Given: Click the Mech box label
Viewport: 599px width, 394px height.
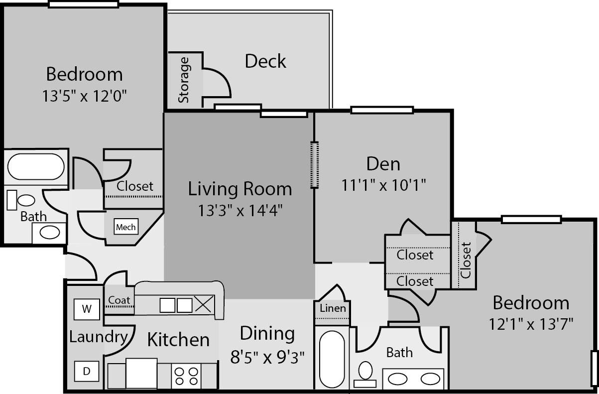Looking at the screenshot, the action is point(126,227).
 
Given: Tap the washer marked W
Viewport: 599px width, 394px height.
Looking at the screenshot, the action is point(87,309).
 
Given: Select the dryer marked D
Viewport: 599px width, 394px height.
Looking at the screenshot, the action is point(87,371).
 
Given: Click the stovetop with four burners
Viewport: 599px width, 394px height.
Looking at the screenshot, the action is point(186,376).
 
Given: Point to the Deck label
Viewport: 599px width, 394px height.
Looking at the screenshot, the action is point(265,61).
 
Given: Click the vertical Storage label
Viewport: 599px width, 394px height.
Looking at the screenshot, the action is point(184,80).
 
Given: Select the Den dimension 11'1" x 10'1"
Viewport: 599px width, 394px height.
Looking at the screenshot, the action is point(383,185).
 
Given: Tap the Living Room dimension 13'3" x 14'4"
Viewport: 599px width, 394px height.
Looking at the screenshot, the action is point(240,210).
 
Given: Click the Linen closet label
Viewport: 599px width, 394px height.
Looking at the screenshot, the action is point(333,308).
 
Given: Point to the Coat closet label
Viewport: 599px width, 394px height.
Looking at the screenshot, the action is point(119,300).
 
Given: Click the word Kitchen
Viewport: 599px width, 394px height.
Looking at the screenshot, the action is point(178,339).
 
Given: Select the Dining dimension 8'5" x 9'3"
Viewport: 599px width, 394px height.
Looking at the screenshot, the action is point(267,357).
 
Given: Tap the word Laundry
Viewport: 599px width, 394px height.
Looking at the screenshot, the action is point(99,337).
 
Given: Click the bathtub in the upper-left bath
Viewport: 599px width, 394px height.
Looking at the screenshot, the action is point(36,166).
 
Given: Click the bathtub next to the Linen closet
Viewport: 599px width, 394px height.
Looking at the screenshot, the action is point(332,359).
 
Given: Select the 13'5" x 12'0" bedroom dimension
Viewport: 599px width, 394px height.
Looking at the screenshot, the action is point(84,96).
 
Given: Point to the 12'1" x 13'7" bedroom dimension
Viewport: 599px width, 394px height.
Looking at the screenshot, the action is point(531,324).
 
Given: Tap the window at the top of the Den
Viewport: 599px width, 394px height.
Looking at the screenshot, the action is point(382,110).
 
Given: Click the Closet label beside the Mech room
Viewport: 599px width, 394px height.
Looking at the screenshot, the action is point(135,186).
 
